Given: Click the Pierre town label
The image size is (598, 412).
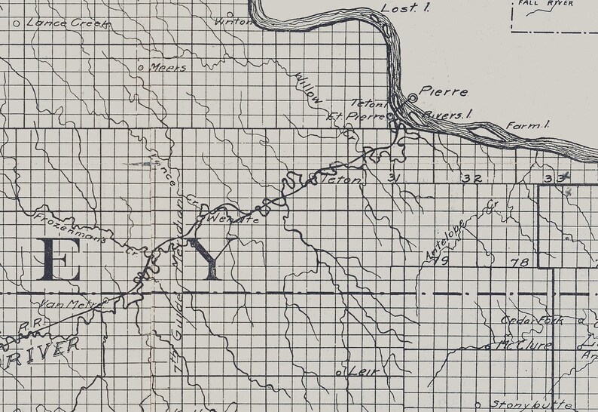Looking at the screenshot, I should point(444,93).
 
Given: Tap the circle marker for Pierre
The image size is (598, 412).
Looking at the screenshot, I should point(412,98).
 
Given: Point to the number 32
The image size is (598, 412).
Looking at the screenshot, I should point(472,179).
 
